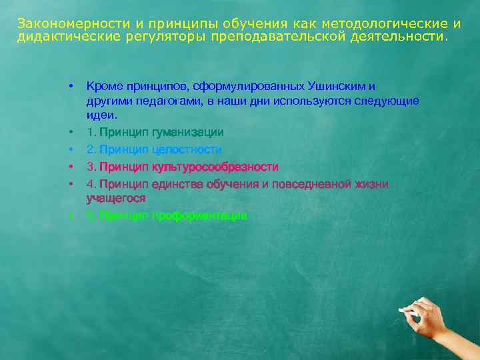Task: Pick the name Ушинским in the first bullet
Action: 339,86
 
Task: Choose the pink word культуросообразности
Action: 215,167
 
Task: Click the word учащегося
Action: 116,198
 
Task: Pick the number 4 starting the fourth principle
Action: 89,183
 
